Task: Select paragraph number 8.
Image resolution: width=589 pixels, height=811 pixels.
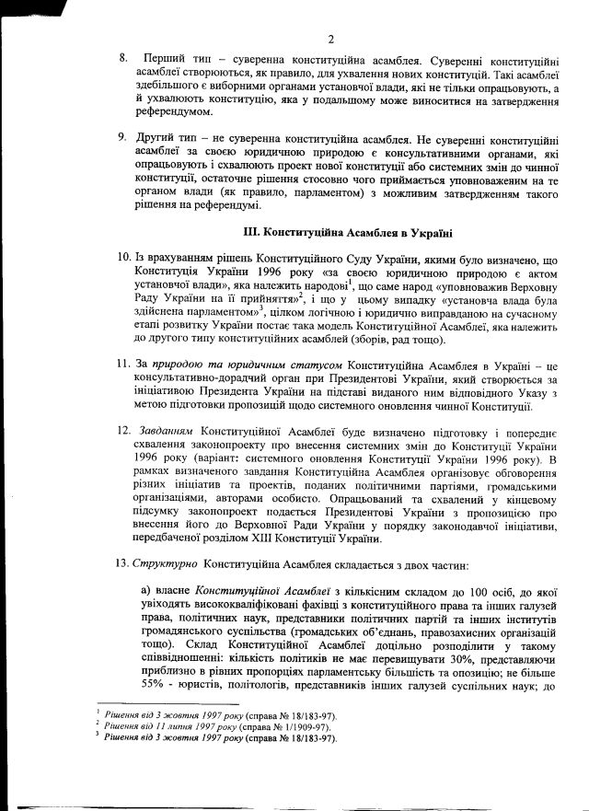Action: (123, 58)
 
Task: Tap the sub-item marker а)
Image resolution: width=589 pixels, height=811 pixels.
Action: (145, 588)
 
